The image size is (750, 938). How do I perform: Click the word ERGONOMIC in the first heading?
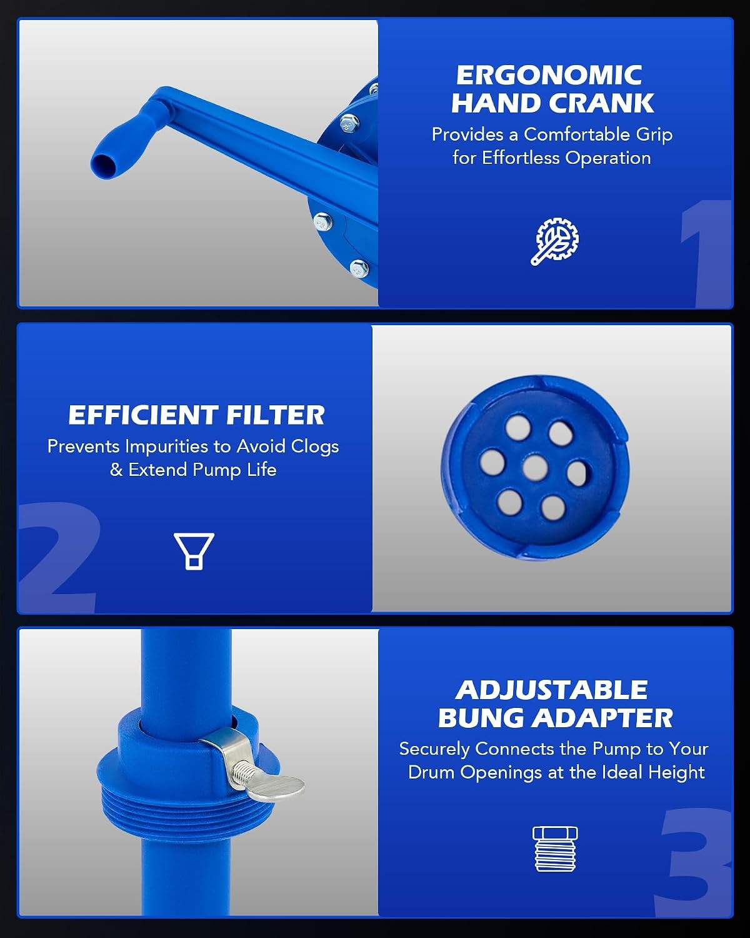coord(549,76)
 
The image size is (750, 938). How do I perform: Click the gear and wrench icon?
coord(554,241)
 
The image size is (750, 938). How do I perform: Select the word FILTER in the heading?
coord(276,415)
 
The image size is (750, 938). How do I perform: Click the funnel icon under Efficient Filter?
coord(194,551)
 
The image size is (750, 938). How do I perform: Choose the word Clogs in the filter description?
coord(314,446)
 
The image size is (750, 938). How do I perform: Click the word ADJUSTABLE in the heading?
coord(551,690)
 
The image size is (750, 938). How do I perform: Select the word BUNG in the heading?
coord(481,719)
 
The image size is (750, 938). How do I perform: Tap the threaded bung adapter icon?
coord(555,849)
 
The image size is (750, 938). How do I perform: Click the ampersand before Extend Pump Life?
coord(116,470)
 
